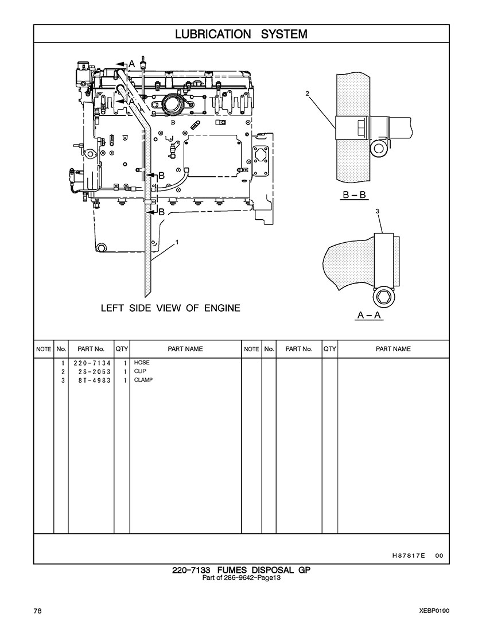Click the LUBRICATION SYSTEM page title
[241, 34]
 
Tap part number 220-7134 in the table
[92, 363]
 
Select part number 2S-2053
[95, 372]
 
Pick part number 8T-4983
[95, 381]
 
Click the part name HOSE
[142, 363]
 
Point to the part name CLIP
[140, 371]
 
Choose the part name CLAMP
[143, 380]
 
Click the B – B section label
[355, 195]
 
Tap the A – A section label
[369, 315]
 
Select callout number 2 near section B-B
[308, 94]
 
